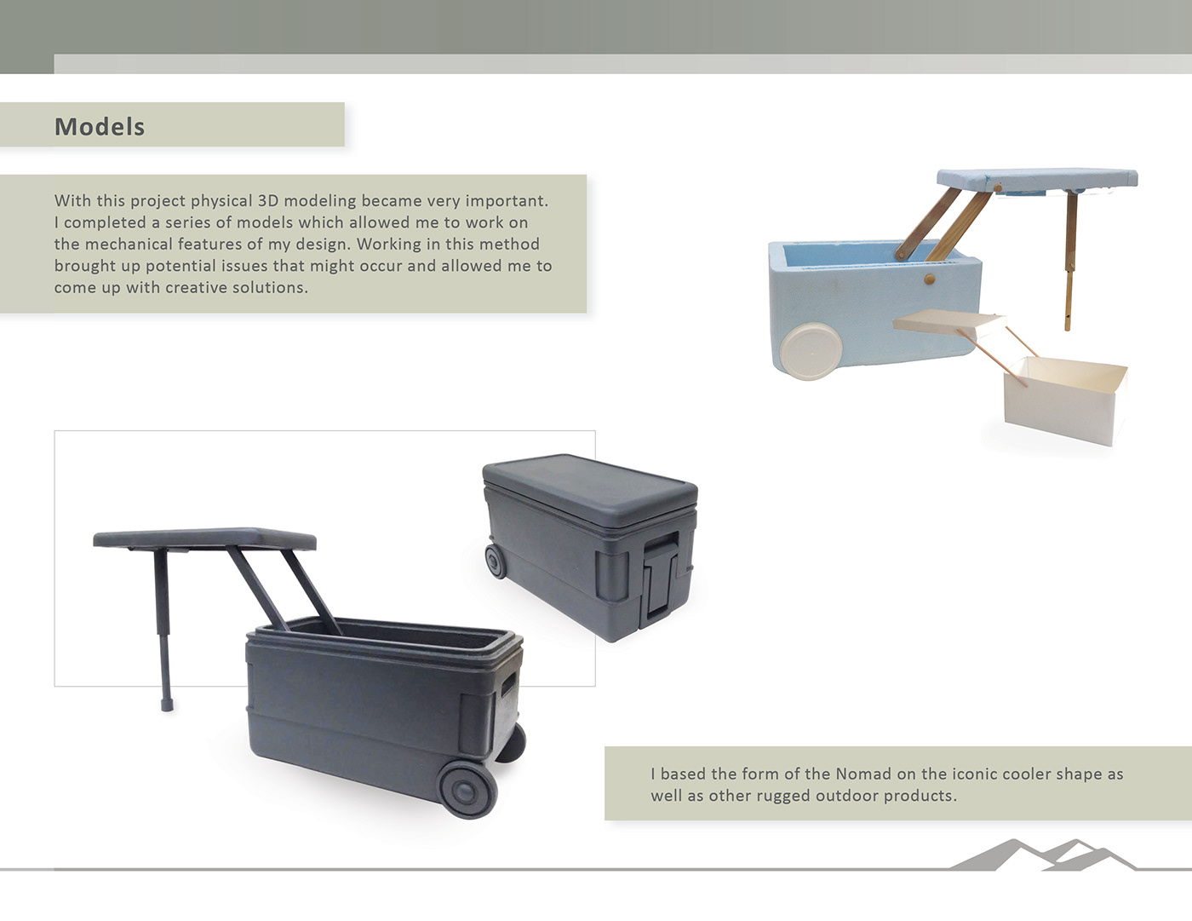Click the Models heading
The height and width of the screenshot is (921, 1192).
[100, 127]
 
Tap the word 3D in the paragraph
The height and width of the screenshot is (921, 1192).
[268, 201]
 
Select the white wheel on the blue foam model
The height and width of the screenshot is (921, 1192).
[811, 351]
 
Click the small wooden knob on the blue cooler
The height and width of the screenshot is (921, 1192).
[929, 279]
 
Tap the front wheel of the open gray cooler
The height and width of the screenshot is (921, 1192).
[468, 789]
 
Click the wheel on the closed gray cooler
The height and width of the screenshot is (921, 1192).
[496, 561]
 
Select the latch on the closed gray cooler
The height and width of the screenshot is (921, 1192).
[660, 582]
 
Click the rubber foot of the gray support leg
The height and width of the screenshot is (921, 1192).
[167, 705]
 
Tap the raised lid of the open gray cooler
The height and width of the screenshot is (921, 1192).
[204, 539]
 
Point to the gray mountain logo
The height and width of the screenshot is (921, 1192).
[1042, 855]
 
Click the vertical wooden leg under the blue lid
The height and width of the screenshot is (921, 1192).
[1070, 261]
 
